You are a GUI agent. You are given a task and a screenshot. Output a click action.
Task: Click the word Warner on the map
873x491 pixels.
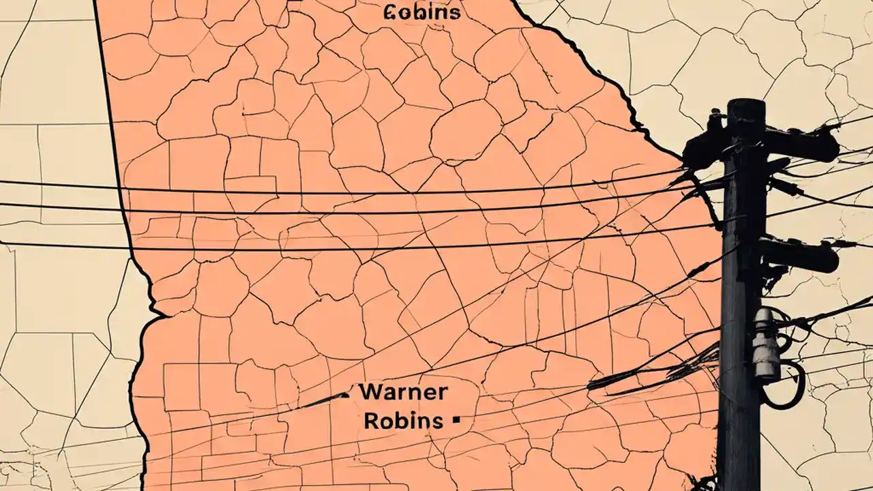point(403,392)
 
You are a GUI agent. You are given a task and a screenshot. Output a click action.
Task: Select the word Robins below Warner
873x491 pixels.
point(403,421)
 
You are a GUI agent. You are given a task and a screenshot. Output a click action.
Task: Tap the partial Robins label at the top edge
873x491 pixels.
point(422,12)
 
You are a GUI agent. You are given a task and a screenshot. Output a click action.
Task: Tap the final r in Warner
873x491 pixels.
point(443,393)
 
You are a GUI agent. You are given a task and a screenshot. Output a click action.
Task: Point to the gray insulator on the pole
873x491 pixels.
point(765,344)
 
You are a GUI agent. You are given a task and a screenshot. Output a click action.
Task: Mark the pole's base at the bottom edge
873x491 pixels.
point(738,481)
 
